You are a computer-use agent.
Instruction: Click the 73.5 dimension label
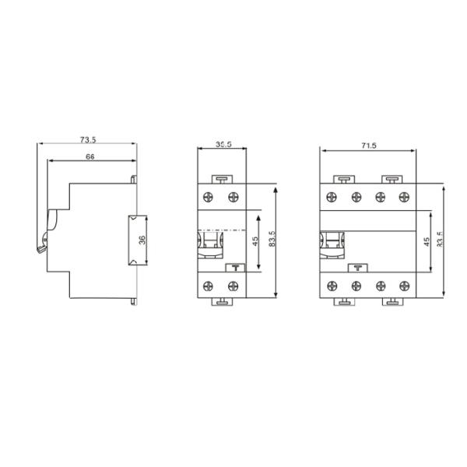(88, 140)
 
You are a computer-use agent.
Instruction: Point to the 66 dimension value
(90, 157)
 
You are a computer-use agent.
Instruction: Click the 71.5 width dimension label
(368, 146)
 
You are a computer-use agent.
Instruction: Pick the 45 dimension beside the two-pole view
(255, 241)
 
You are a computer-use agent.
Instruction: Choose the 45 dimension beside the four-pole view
(426, 241)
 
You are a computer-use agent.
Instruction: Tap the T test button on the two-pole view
(234, 268)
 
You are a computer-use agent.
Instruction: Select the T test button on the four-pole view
(357, 268)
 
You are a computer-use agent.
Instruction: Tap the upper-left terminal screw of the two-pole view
(210, 198)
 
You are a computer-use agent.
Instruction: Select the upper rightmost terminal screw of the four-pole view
(403, 198)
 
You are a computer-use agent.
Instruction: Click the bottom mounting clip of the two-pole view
(223, 300)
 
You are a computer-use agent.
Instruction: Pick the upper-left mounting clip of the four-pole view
(344, 179)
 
